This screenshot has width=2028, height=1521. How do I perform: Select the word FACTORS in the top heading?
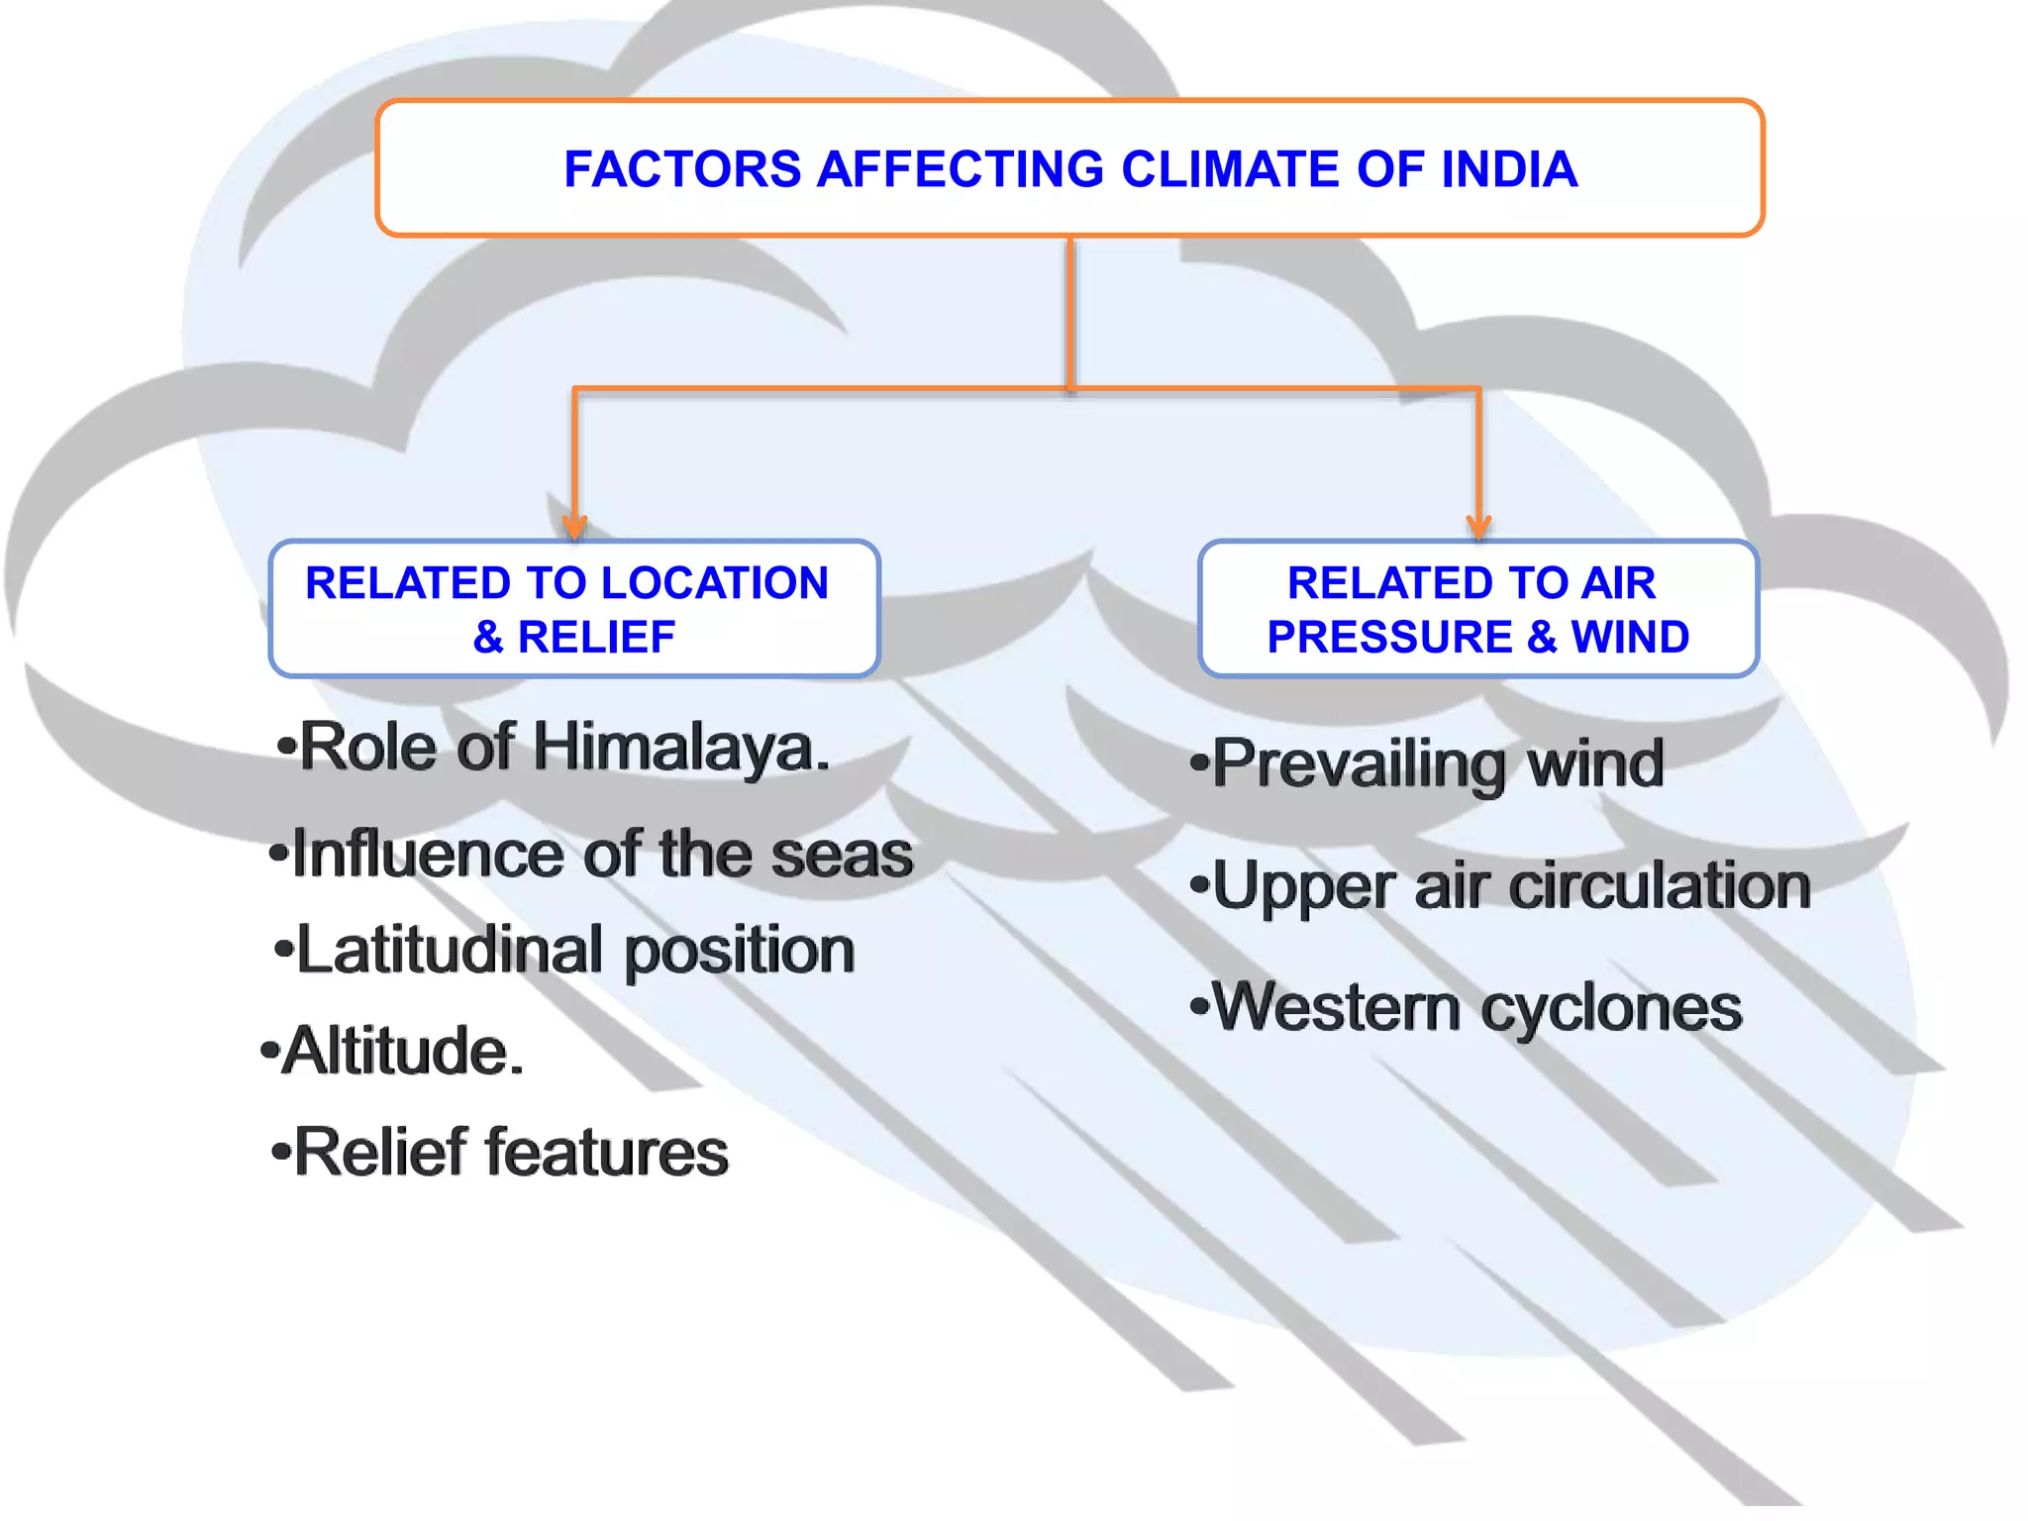pos(681,169)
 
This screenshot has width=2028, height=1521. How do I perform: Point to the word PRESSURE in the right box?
pos(1389,637)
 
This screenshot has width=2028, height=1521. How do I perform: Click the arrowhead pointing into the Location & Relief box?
pos(574,526)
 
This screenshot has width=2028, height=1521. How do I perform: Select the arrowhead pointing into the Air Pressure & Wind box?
pos(1478,526)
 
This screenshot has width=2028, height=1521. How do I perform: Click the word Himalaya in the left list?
pos(681,747)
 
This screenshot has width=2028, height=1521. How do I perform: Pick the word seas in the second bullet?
pos(842,855)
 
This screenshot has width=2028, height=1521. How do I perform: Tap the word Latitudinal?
pos(450,950)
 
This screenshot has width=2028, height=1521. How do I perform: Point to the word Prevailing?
pos(1359,764)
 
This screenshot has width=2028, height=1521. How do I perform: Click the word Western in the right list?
pos(1337,1008)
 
